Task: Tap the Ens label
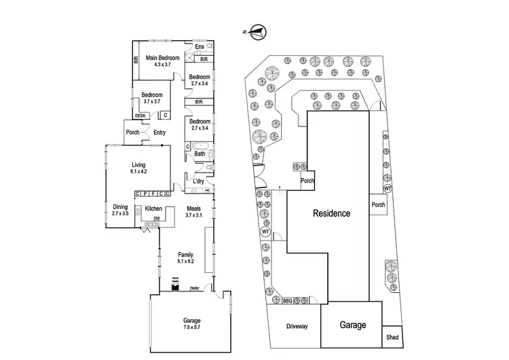[199, 47]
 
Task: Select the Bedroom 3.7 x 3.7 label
[151, 98]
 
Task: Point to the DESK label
[140, 115]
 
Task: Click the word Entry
[159, 132]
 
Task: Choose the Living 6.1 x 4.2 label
[138, 167]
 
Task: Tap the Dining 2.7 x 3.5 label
[120, 210]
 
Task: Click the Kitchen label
[153, 208]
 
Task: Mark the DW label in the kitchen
[156, 219]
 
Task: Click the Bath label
[200, 154]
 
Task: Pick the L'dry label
[199, 181]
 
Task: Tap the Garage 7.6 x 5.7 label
[192, 324]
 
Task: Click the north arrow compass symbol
[257, 30]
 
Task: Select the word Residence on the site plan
[331, 213]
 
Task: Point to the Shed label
[392, 337]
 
